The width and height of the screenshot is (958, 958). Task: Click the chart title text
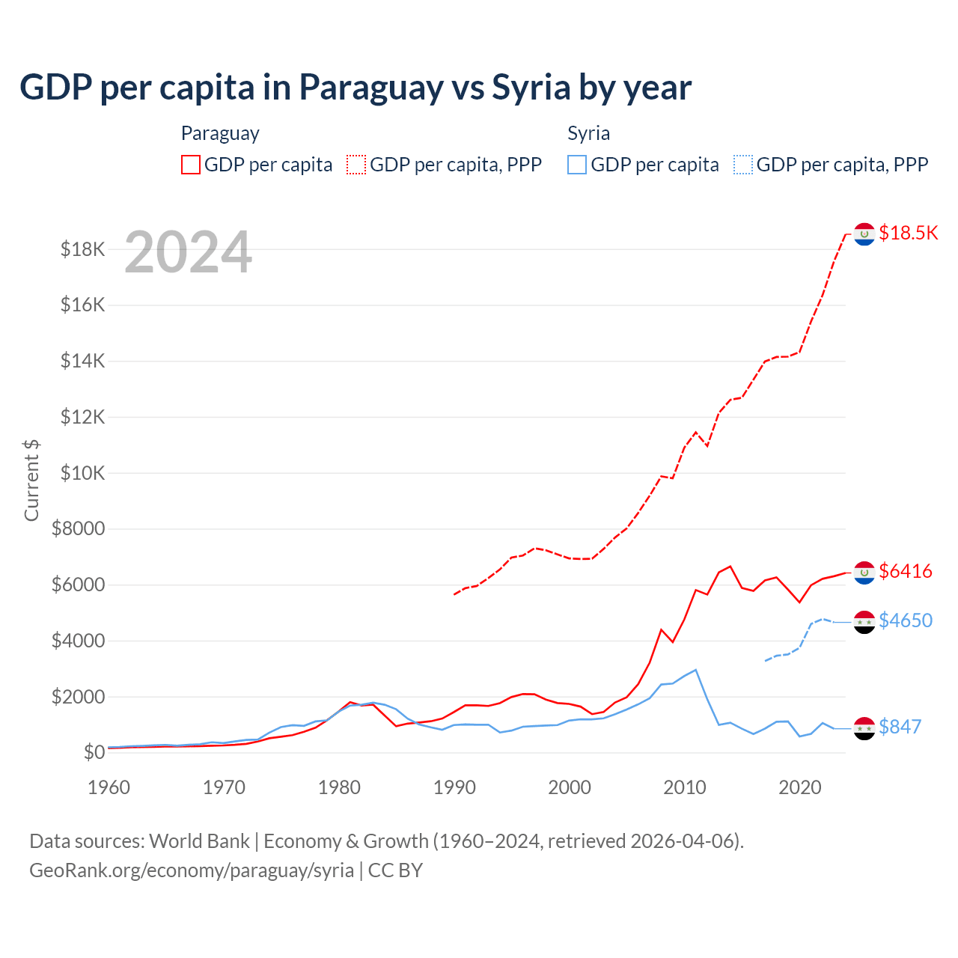tap(356, 88)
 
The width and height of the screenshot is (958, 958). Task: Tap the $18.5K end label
tap(908, 233)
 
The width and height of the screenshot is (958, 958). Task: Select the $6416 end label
tap(906, 571)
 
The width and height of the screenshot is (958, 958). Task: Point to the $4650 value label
tap(906, 620)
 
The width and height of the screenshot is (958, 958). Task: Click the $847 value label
tap(900, 727)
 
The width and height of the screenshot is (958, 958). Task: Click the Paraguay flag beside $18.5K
tap(864, 234)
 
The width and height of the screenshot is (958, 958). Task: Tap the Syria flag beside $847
tap(864, 728)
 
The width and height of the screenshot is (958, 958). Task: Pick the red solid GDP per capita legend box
tap(191, 165)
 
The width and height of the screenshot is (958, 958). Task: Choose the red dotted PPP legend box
tap(356, 165)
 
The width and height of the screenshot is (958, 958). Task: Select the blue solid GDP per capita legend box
tap(577, 165)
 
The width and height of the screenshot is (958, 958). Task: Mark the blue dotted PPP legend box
tap(743, 165)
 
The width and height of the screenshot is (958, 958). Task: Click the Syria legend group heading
tap(588, 133)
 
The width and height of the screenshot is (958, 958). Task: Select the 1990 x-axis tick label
tap(454, 787)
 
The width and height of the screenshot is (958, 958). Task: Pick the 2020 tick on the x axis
tap(800, 787)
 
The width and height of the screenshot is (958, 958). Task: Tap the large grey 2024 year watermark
tap(188, 252)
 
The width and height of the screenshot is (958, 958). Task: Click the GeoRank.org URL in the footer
tap(192, 870)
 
